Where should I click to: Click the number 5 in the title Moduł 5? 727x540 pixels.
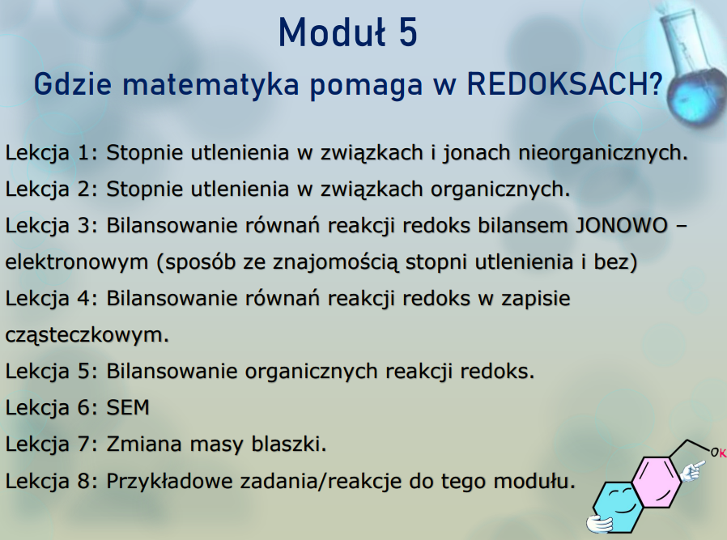pyautogui.click(x=407, y=32)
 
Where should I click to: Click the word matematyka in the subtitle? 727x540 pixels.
pyautogui.click(x=211, y=85)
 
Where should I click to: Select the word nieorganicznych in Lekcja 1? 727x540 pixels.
pyautogui.click(x=603, y=153)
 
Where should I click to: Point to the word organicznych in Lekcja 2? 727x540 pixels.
pyautogui.click(x=500, y=189)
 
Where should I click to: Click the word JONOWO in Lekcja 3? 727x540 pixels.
pyautogui.click(x=621, y=226)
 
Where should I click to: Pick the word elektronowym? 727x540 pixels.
pyautogui.click(x=76, y=262)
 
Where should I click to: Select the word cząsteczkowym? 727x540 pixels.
pyautogui.click(x=87, y=335)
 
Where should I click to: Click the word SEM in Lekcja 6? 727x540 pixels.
pyautogui.click(x=128, y=408)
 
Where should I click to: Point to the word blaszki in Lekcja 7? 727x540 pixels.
pyautogui.click(x=289, y=444)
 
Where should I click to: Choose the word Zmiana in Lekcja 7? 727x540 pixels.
pyautogui.click(x=144, y=444)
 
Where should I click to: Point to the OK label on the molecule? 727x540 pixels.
pyautogui.click(x=719, y=453)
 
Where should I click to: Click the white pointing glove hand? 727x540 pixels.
pyautogui.click(x=691, y=471)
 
